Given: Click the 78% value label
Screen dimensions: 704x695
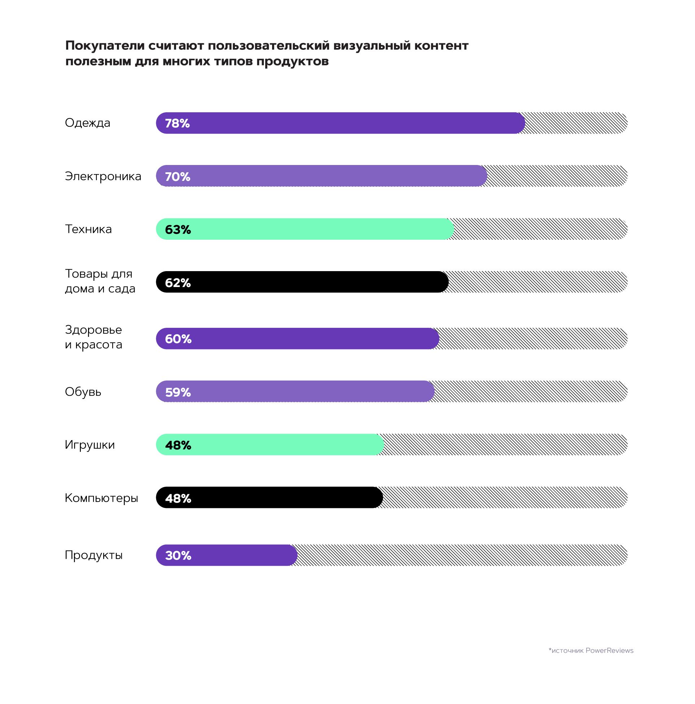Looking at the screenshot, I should click(178, 123).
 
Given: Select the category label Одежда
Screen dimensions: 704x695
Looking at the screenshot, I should click(87, 123).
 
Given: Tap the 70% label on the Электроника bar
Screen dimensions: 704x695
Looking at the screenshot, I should click(178, 177).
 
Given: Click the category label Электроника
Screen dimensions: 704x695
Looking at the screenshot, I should click(103, 177).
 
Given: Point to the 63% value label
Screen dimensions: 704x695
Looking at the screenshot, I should click(178, 230).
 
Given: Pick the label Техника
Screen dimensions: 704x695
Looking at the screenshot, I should click(88, 229).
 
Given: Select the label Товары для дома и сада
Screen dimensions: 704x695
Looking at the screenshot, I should click(100, 281).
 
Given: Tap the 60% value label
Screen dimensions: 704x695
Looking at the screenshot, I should click(178, 339).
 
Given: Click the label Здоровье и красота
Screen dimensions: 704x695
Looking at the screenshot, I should click(93, 337).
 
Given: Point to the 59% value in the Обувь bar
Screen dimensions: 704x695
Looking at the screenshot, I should click(178, 392).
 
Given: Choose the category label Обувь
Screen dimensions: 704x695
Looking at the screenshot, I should click(83, 392).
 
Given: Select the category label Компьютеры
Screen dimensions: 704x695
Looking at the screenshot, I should click(101, 498).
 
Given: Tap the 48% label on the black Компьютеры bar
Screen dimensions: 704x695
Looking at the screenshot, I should click(178, 498).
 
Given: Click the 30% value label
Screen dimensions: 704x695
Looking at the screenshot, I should click(178, 555).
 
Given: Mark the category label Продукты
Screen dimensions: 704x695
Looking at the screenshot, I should click(93, 555).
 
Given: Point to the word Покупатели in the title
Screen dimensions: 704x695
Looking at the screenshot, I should click(104, 46).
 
